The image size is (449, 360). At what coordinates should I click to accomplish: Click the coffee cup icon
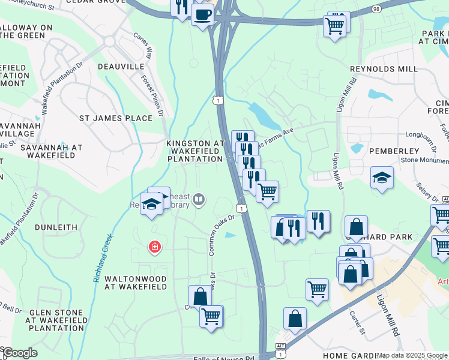point(202,13)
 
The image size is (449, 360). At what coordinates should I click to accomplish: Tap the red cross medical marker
point(155,247)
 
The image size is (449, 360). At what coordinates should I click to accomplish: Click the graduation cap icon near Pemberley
point(381,178)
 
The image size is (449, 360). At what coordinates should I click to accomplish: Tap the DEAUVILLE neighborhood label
point(121,66)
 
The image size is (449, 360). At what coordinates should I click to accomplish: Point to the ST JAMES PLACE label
point(116,118)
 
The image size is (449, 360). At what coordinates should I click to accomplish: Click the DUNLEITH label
point(56,227)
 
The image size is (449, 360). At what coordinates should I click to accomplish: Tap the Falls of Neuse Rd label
point(224,358)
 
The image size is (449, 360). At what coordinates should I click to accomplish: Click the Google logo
point(19,353)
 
